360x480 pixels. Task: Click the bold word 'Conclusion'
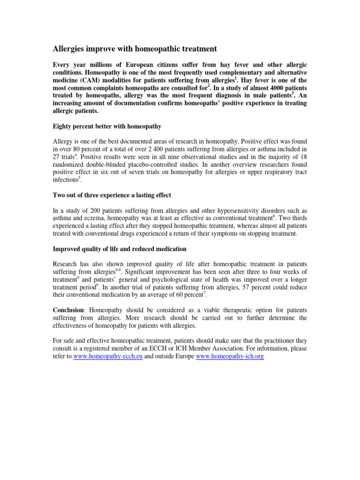tap(70, 310)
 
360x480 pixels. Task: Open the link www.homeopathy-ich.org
tap(230, 356)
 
